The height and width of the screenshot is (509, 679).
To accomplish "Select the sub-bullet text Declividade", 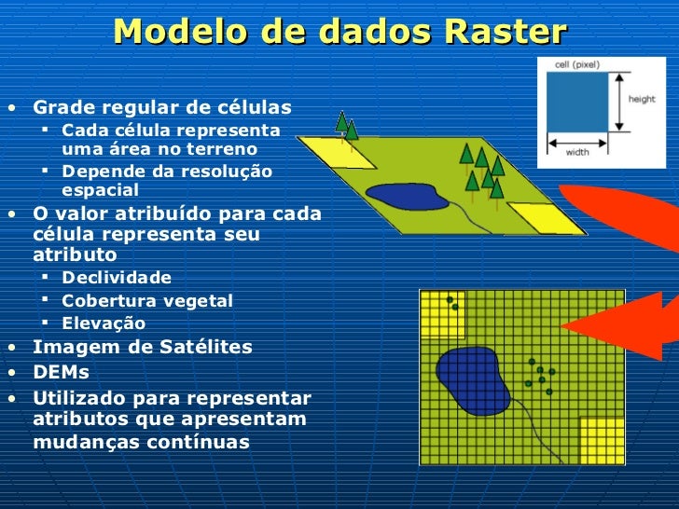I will [x=117, y=278].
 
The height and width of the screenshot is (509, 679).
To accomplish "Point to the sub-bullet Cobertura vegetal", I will [x=147, y=300].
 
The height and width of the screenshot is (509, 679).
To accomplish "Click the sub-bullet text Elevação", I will [x=104, y=323].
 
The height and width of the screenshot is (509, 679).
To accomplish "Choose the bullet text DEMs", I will [x=62, y=372].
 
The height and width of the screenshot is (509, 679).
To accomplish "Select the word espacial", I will [x=100, y=190].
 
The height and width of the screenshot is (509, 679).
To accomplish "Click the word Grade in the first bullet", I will [x=61, y=107].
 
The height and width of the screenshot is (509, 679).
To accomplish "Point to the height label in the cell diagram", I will [x=641, y=99].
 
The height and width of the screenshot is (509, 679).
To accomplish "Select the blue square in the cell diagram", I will [x=576, y=102].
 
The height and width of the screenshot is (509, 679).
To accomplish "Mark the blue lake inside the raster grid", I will [x=472, y=377].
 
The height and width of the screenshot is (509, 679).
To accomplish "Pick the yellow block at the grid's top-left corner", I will [x=441, y=313].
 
